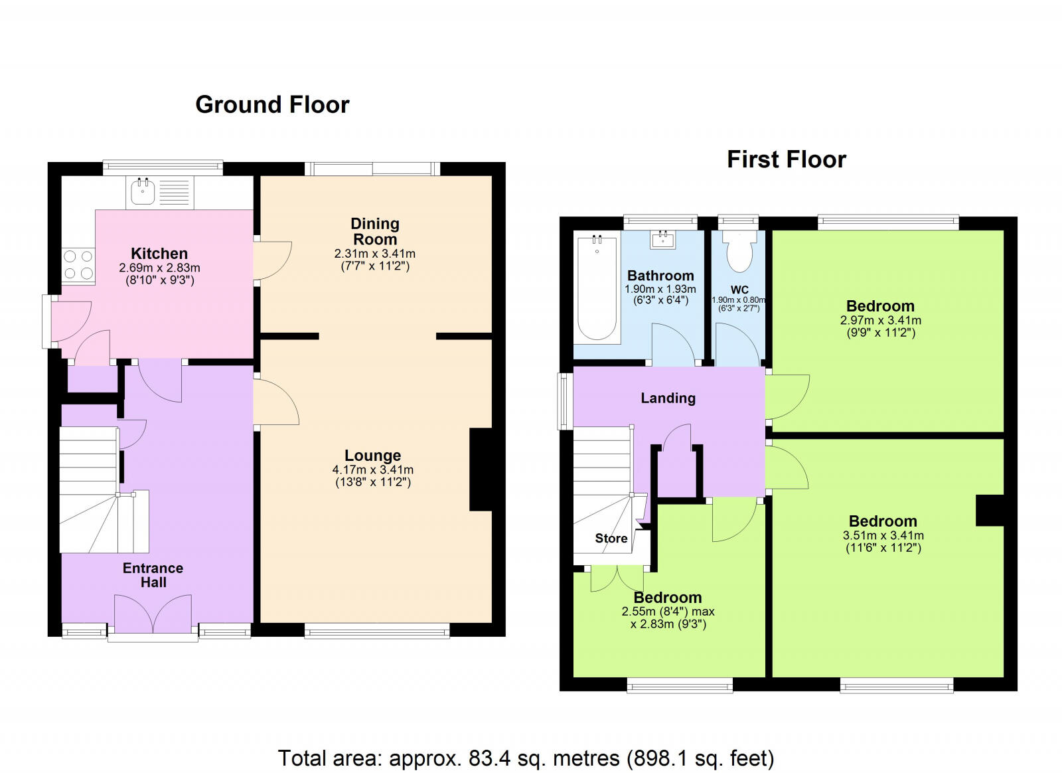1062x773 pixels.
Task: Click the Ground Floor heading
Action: coord(272,105)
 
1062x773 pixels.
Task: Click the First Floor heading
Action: coord(787,160)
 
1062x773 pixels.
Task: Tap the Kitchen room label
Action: coord(159,253)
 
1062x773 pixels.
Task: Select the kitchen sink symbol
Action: coord(143,193)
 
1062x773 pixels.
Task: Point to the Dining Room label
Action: coord(374,231)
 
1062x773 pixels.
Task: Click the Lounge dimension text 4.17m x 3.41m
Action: coord(372,470)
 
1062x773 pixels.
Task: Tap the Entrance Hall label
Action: coord(153,575)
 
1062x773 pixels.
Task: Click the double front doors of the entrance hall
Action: coord(153,614)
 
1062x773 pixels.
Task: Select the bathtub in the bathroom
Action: coord(597,289)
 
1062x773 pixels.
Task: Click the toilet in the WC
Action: coord(739,253)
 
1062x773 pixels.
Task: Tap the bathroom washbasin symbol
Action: coord(662,240)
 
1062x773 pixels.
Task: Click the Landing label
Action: coord(668,398)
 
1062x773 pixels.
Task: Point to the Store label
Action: coord(611,539)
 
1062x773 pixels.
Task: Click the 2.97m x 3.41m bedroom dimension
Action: coord(880,320)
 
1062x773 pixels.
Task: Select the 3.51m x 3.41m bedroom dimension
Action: coord(883,535)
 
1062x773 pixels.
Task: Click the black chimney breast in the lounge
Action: coord(481,470)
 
